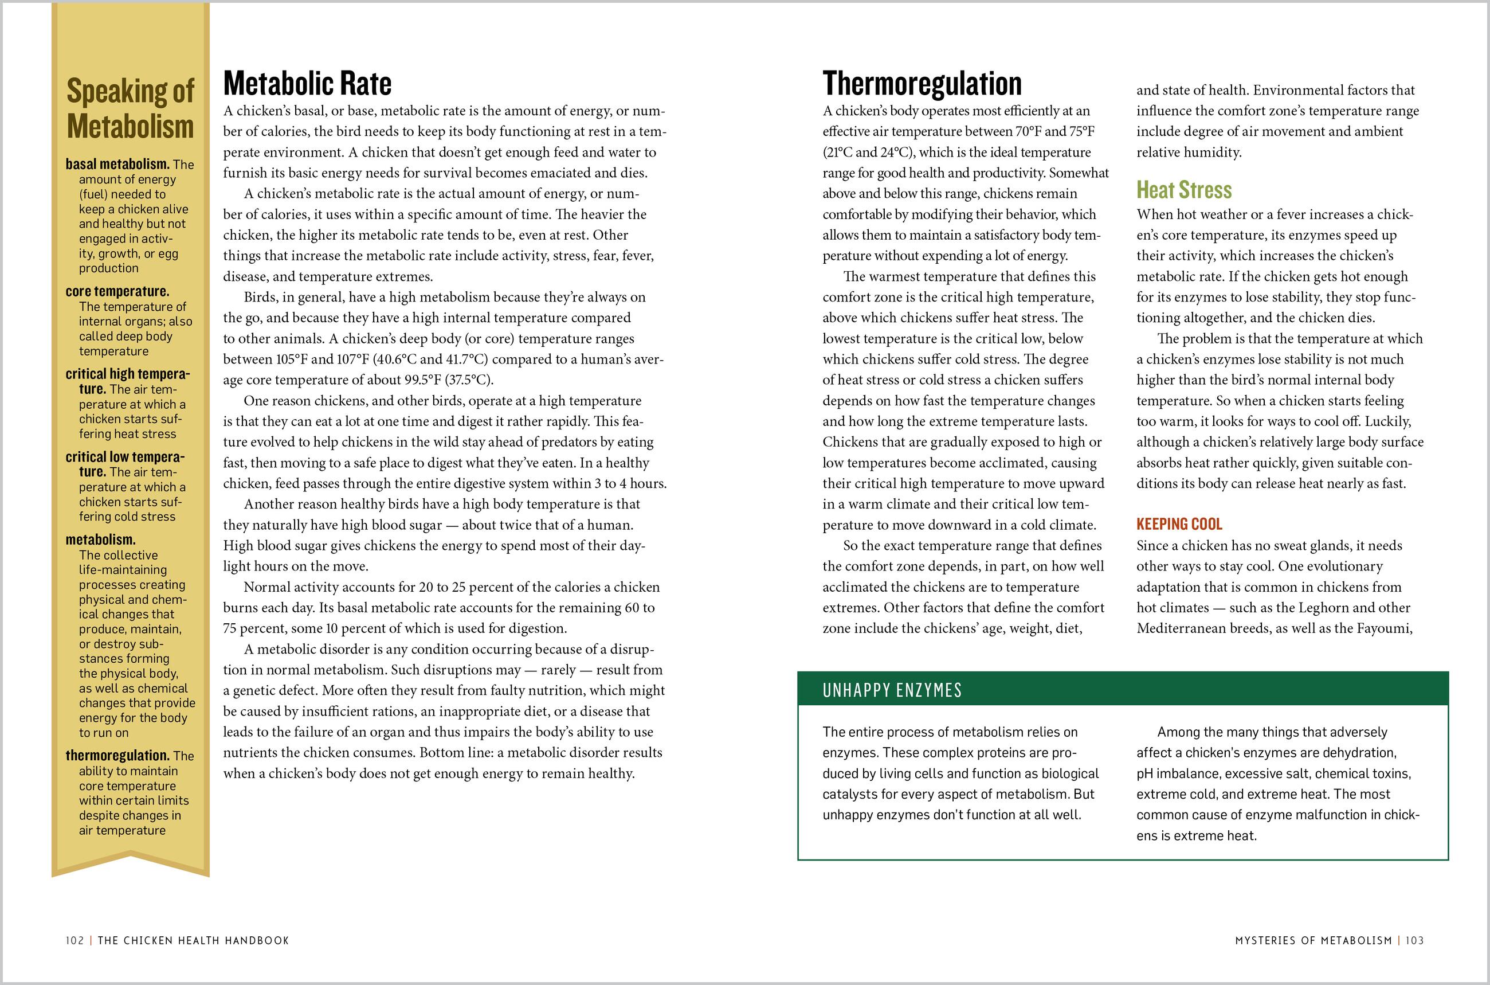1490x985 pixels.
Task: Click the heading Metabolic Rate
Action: pos(307,84)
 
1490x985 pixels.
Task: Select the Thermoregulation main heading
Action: pos(922,84)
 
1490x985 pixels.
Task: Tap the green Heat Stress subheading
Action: pos(1183,190)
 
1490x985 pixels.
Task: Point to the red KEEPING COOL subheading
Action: pos(1179,524)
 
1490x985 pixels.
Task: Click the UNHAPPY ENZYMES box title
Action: pos(892,690)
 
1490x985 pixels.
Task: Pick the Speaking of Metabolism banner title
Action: pos(131,108)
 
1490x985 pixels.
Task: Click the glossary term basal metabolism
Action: pos(117,165)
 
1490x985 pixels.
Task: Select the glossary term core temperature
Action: pos(117,291)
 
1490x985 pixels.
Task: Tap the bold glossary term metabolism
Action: pos(100,540)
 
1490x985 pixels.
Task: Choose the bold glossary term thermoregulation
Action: pos(117,756)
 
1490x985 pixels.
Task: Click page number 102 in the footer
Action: pos(74,940)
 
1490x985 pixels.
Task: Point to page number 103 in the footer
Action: pos(1415,940)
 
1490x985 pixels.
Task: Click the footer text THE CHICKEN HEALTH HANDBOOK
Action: pos(193,940)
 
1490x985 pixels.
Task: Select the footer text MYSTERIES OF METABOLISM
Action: pos(1313,940)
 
